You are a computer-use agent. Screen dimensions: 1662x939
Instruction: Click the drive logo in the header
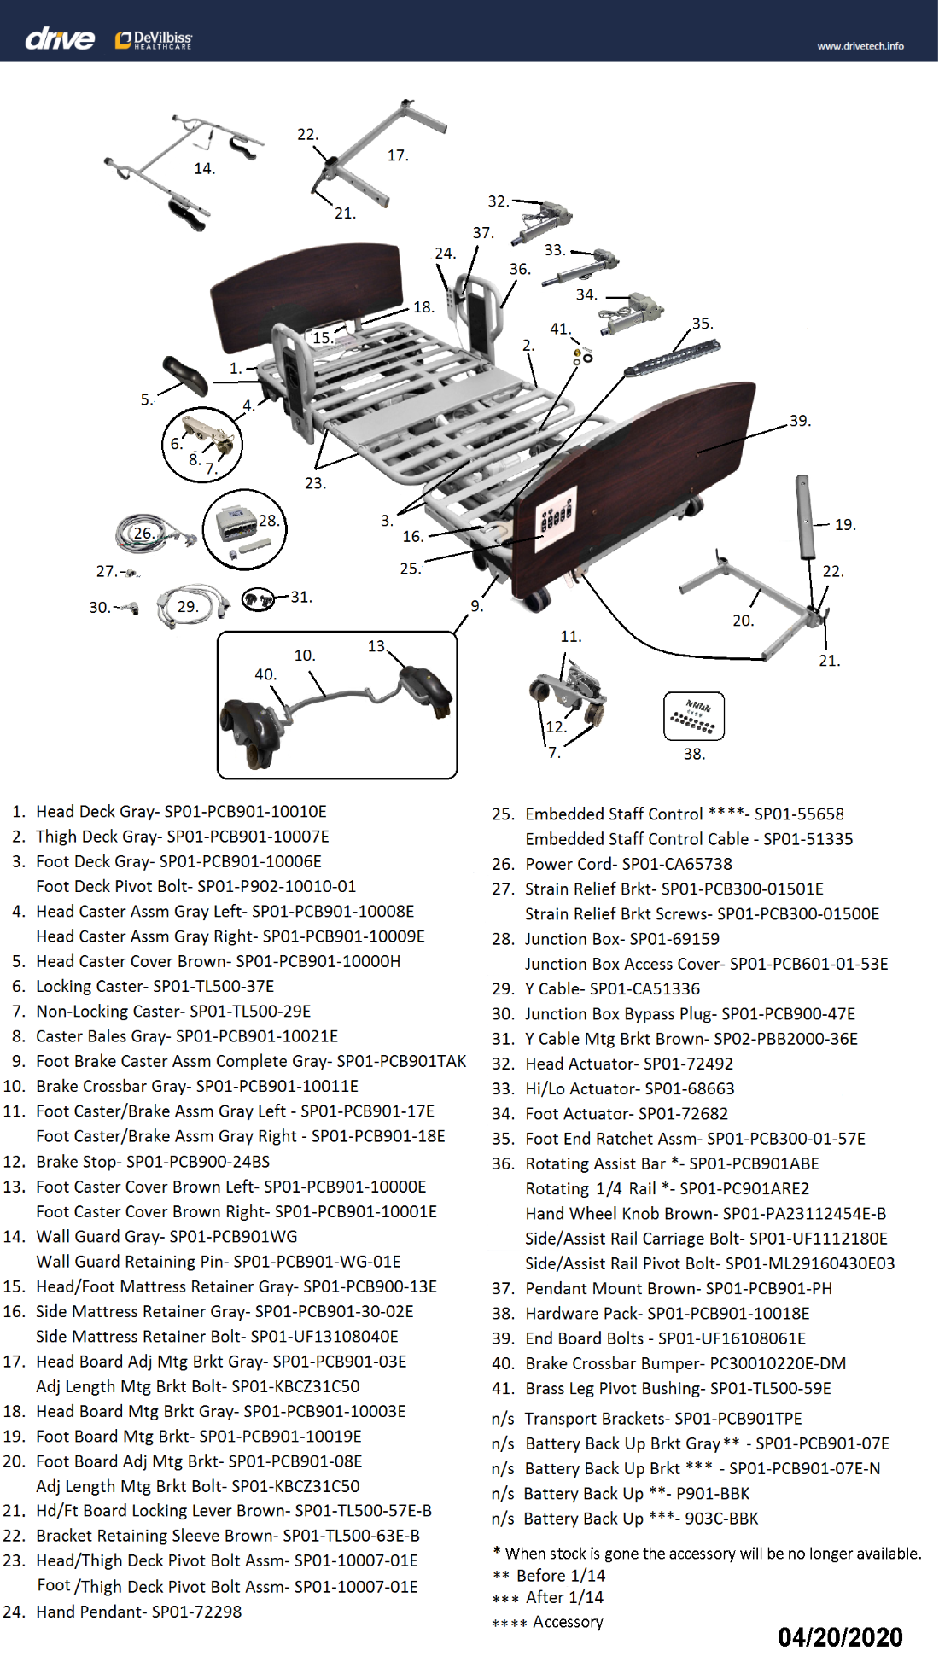[60, 38]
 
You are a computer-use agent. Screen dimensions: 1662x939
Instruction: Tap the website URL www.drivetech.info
[860, 46]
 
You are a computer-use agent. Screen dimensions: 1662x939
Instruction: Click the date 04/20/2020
[840, 1636]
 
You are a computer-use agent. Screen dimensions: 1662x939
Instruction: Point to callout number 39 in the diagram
[799, 421]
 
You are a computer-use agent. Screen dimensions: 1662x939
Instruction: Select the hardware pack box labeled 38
[694, 716]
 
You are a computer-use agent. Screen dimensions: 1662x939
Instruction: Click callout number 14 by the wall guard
[204, 169]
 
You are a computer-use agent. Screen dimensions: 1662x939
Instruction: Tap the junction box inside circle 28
[236, 522]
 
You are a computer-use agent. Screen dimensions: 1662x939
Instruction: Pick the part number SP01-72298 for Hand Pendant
[196, 1612]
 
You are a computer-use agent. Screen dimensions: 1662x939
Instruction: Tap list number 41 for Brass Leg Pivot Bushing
[503, 1389]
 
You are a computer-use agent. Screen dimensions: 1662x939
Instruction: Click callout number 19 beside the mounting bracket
[844, 525]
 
